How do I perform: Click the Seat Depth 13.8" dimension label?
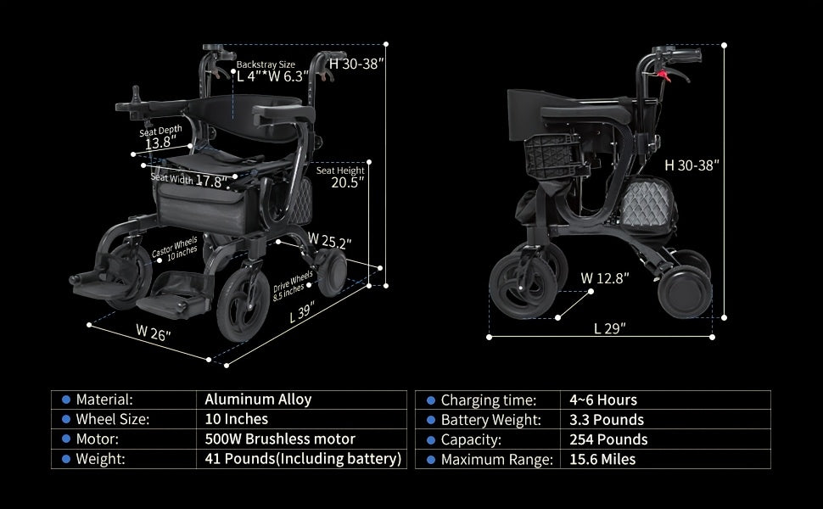[x=160, y=137]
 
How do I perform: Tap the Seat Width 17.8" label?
[x=189, y=180]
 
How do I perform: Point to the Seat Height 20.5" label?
[x=340, y=176]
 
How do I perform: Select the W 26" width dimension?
[x=154, y=333]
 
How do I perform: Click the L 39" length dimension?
[x=302, y=312]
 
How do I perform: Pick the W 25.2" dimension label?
[x=329, y=240]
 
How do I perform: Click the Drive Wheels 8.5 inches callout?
[x=292, y=285]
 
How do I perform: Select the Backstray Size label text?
[x=266, y=64]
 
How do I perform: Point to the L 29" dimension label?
[x=610, y=328]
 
